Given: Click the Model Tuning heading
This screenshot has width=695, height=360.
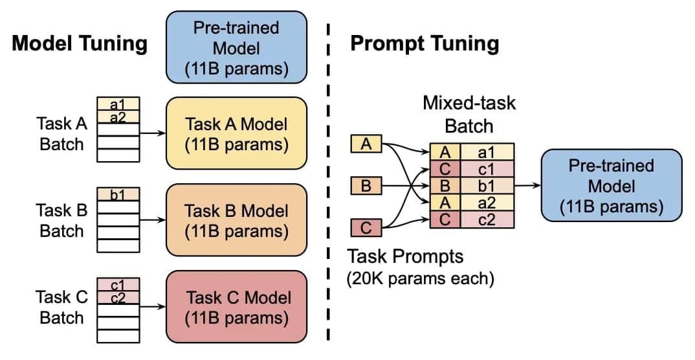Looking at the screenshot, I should pos(80,44).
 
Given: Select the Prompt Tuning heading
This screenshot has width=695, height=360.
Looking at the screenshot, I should pos(424,44).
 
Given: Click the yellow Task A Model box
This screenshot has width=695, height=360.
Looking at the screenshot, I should pos(236,134).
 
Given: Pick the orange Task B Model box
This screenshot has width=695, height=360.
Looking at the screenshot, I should pos(236,221).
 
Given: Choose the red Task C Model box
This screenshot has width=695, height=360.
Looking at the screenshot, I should pos(236,308).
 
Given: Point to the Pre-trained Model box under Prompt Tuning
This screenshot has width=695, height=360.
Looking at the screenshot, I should pos(611,186).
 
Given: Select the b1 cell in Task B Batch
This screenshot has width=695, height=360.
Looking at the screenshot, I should pos(118,194).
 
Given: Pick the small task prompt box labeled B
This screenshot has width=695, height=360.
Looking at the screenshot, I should pos(366,186).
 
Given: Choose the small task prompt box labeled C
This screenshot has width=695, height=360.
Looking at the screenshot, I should pos(366,228).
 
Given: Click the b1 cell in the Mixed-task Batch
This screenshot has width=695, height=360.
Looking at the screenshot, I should pos(487,186).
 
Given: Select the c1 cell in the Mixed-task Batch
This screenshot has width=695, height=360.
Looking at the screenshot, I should pos(487,169).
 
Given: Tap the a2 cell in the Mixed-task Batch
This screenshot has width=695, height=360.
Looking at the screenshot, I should pos(487,203).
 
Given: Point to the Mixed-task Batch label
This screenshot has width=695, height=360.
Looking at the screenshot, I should pos(469,115).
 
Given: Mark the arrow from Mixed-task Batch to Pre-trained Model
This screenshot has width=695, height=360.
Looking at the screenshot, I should pos(527,186).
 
